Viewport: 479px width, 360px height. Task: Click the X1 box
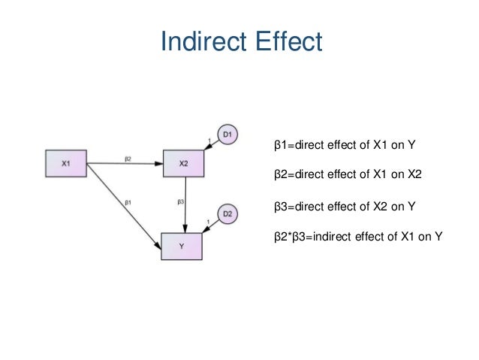(x=66, y=164)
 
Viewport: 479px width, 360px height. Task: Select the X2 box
(x=184, y=164)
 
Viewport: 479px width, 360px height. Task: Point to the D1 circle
(x=227, y=135)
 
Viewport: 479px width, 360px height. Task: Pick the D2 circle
(x=228, y=215)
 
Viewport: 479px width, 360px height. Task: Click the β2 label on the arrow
(x=128, y=159)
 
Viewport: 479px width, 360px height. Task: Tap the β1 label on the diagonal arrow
(x=128, y=201)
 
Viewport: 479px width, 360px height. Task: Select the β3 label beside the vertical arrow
(x=180, y=201)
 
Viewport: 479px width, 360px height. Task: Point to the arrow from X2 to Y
(x=185, y=203)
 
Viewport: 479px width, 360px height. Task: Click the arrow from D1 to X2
(x=212, y=147)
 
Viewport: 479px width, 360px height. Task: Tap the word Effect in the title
(x=290, y=41)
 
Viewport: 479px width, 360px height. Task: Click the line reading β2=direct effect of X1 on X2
(x=348, y=175)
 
